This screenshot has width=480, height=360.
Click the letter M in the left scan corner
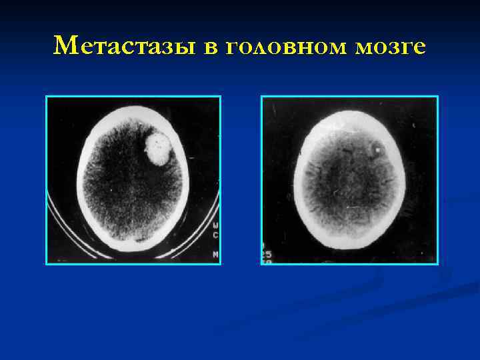(215, 255)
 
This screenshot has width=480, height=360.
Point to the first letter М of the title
(64, 45)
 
